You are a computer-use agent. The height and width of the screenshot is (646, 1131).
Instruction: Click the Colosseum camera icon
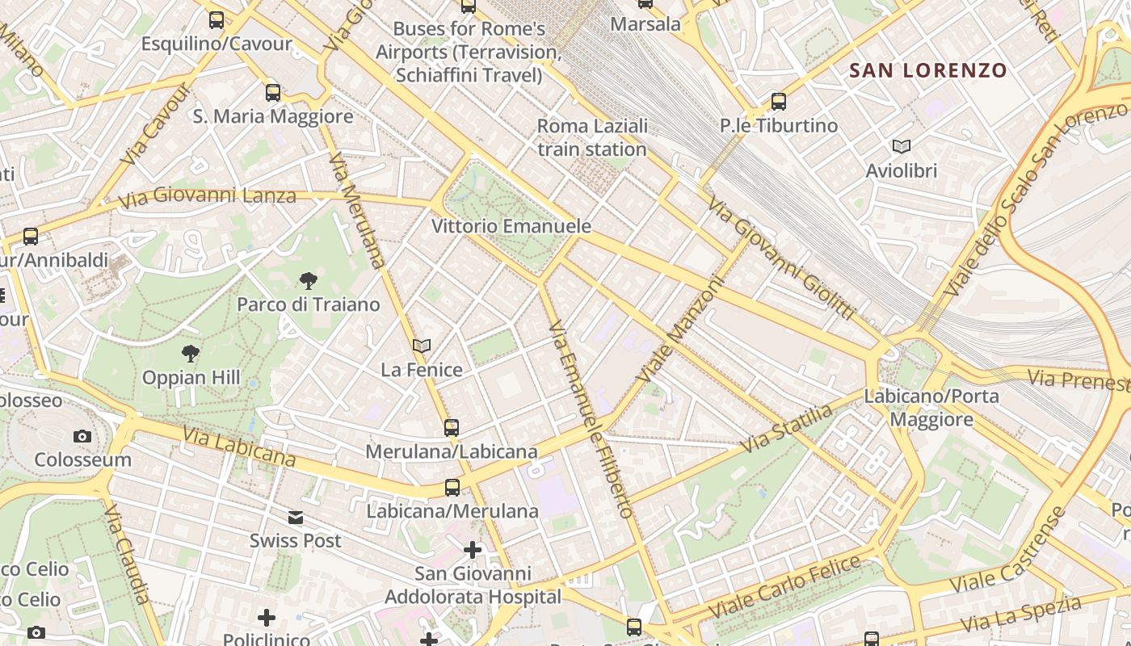tap(82, 437)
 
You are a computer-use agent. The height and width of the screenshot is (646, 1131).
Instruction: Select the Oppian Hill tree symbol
tap(191, 354)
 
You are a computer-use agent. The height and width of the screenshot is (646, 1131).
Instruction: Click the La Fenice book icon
tap(421, 346)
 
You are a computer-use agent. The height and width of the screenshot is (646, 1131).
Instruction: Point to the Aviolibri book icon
tap(901, 147)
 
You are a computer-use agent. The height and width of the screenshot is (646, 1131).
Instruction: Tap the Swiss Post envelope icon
tap(296, 518)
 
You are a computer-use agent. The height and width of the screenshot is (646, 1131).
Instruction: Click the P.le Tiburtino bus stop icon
tap(779, 102)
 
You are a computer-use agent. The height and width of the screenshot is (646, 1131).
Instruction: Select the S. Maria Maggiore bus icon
tap(273, 93)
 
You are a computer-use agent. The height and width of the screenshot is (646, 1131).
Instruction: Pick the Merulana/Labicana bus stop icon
tap(452, 427)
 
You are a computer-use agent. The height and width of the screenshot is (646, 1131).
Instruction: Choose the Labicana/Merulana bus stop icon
tap(452, 488)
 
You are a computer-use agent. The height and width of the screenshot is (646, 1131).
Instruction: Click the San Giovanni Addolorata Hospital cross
tap(473, 551)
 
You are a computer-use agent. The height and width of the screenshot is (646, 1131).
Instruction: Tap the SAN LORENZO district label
tap(928, 71)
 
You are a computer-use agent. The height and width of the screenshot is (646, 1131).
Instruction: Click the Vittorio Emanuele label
tap(511, 226)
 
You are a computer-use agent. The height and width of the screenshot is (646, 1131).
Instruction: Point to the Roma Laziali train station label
tap(592, 138)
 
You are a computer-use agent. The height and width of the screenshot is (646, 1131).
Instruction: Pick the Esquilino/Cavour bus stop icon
tap(217, 20)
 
